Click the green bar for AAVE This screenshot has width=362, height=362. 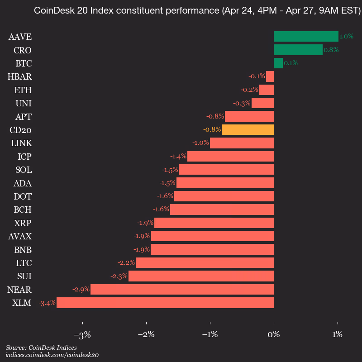306,37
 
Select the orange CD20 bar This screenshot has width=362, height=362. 248,130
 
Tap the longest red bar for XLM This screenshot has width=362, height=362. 165,303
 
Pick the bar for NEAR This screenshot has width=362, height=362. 182,290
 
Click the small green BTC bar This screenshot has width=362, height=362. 278,63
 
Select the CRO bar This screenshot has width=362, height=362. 298,50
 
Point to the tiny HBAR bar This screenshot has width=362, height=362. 270,76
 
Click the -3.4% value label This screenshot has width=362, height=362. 47,303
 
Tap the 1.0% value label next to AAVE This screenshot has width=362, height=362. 346,37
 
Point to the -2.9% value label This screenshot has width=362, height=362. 81,290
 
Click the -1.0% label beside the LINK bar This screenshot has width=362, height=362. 200,143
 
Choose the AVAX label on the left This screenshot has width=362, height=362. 20,236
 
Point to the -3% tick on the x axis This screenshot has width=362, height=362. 82,335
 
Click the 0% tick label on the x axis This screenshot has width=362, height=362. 274,335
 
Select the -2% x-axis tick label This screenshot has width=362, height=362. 146,335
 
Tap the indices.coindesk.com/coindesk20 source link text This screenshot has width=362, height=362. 52,355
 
